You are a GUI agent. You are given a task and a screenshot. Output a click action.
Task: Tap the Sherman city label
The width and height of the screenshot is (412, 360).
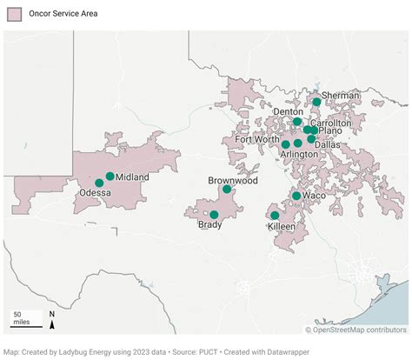pos(341,95)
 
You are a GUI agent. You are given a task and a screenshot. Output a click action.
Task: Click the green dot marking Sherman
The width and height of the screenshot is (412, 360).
pos(317,102)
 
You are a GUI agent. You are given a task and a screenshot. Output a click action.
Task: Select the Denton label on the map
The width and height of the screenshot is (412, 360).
pos(288,112)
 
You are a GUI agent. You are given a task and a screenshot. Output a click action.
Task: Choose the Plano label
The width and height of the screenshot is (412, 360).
pos(330,131)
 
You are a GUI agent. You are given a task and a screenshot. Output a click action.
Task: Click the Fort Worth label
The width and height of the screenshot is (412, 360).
pos(256,139)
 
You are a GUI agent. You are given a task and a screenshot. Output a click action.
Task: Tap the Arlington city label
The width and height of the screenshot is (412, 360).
pos(299,154)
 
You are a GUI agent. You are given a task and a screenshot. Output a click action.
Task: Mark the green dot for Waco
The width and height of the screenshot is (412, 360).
pos(296,196)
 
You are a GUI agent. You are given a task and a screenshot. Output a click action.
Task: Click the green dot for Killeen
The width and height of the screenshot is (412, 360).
pos(275,215)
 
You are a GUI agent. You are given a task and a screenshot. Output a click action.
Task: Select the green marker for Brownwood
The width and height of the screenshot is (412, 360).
pos(227,189)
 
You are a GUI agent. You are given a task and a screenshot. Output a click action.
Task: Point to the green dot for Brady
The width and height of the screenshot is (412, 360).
pos(214,214)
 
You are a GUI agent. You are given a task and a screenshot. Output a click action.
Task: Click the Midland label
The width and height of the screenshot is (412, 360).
pos(132,177)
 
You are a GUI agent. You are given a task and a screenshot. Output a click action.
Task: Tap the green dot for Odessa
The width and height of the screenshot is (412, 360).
pos(99,183)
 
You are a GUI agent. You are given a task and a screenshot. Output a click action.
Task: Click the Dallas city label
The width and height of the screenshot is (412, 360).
pos(328,145)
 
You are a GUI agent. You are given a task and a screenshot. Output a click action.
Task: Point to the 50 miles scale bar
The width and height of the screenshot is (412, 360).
pos(23,319)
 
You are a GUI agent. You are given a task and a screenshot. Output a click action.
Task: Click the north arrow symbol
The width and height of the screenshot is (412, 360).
pos(52,321)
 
